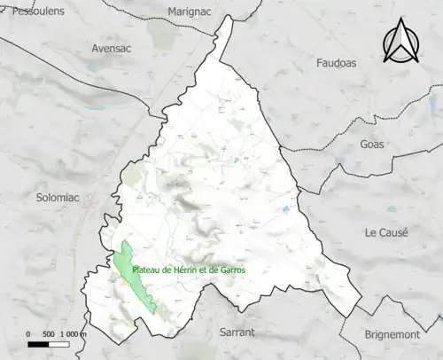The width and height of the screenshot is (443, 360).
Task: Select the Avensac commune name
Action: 112,49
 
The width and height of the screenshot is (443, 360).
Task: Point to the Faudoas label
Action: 341,62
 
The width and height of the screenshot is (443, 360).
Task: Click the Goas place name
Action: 373,145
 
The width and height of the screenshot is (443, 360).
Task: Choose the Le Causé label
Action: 386,232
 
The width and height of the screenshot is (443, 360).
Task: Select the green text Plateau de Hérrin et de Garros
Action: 189,270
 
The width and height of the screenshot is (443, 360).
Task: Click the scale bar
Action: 50,342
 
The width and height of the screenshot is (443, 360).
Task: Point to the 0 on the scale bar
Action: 28,333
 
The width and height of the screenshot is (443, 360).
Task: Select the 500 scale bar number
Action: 49,333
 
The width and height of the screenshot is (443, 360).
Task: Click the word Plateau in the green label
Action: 146,270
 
